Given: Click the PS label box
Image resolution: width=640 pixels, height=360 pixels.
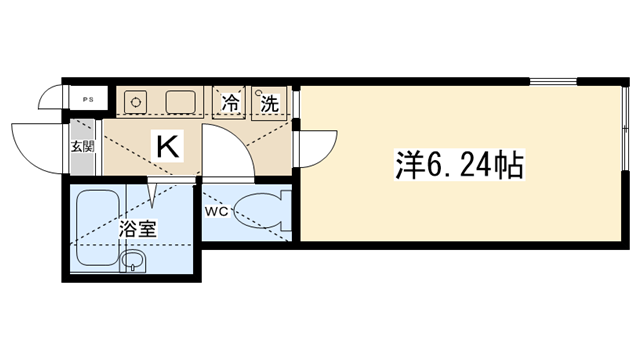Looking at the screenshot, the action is tap(88, 99).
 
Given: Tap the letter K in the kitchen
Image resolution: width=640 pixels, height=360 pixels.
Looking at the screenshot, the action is tap(168, 146).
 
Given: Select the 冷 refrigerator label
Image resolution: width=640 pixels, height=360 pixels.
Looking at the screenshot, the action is tap(230, 103).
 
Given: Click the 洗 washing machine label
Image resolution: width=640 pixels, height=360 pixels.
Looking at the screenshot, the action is tap(269, 104).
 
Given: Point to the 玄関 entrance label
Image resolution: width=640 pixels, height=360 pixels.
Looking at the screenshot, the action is tap(83, 146).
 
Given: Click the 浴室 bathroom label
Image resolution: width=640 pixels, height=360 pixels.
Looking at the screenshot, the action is tap(137, 229).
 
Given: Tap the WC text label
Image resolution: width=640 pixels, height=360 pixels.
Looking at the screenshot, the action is tap(216, 212).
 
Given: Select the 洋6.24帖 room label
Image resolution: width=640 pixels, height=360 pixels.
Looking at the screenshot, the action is tap(459, 165).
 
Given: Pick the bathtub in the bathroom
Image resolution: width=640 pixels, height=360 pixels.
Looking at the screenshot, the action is tap(98, 227).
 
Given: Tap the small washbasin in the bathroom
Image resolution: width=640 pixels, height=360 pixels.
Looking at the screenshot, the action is tap(133, 260).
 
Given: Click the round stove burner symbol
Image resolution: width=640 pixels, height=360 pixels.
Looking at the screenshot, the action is tap(135, 101).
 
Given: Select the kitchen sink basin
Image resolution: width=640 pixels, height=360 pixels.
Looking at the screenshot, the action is tap(180, 102).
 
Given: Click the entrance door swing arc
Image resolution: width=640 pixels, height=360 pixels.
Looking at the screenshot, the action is tap(27, 156).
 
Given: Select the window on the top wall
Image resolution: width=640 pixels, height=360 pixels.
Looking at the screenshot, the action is tap(553, 82).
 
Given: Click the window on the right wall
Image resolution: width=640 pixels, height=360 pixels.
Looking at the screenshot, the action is tap(625, 128).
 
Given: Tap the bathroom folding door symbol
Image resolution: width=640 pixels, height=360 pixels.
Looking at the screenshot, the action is tap(152, 193).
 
